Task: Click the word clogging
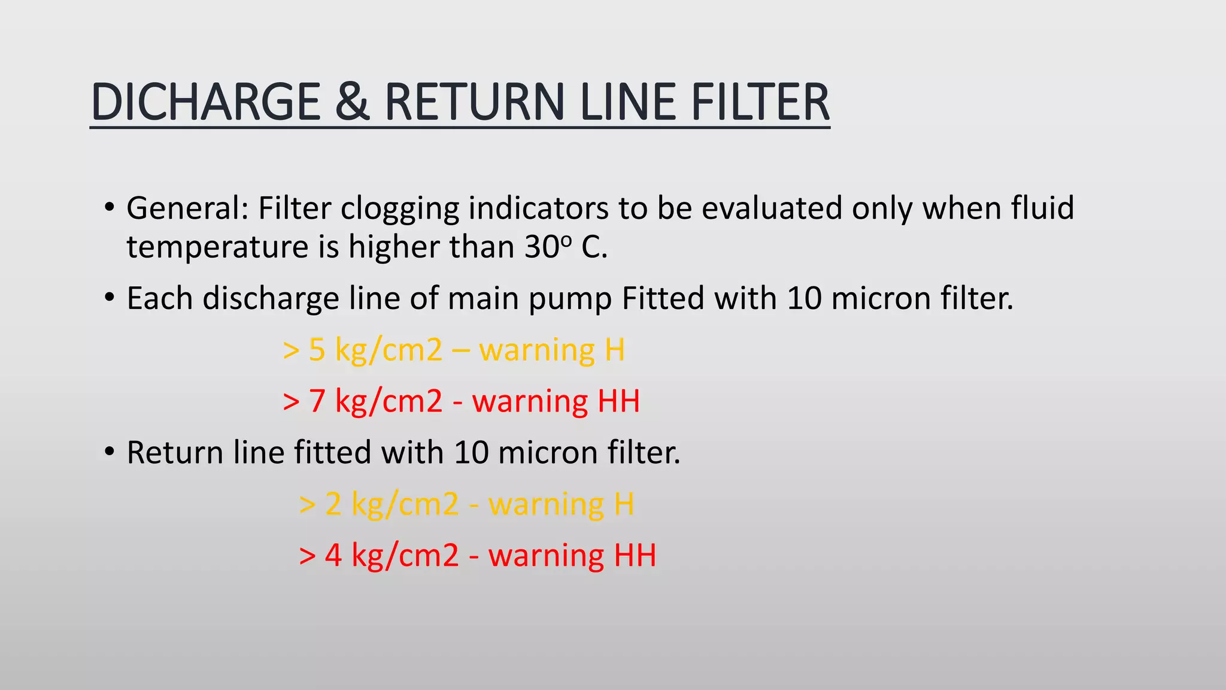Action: point(399,210)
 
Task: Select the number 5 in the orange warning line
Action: point(317,350)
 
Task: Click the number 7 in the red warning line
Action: point(317,401)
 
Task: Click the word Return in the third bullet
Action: point(175,452)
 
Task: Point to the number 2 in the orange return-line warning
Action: point(333,504)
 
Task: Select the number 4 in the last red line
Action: point(333,555)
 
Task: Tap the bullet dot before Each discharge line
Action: point(108,297)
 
